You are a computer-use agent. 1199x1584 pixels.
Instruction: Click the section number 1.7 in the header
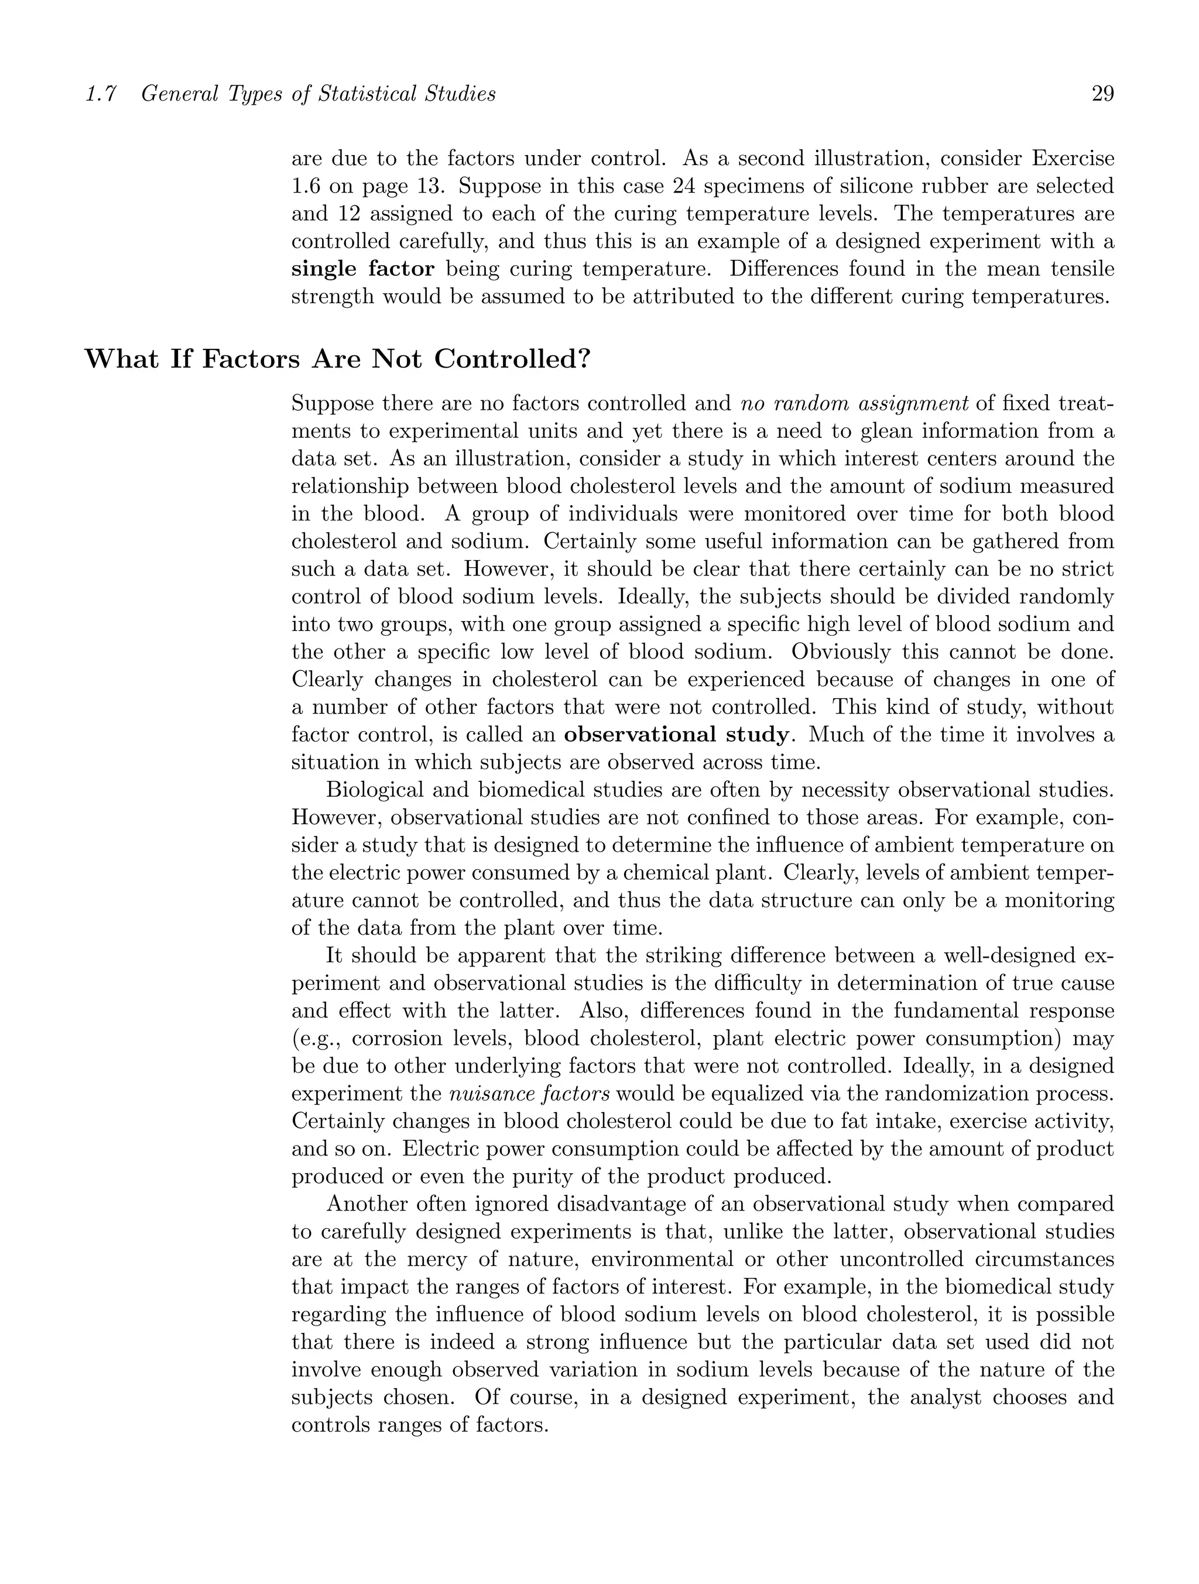pyautogui.click(x=101, y=94)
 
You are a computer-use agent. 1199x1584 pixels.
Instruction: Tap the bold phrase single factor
pyautogui.click(x=362, y=269)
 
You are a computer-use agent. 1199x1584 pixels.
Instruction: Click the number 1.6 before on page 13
pyautogui.click(x=305, y=186)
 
